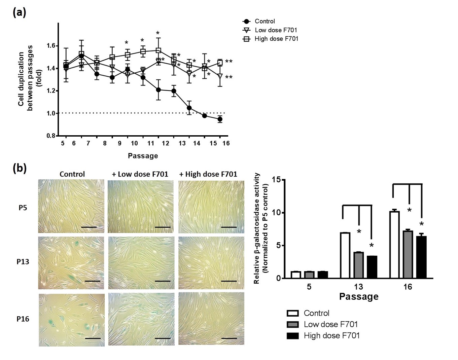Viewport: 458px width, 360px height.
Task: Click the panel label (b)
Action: [x=19, y=168]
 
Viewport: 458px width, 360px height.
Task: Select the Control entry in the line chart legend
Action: [x=265, y=21]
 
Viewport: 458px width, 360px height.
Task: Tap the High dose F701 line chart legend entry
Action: [x=276, y=39]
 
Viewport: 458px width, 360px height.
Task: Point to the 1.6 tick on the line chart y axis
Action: [x=53, y=46]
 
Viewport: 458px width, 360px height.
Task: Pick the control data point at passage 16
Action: [x=220, y=119]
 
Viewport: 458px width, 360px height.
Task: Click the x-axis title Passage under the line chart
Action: [x=143, y=156]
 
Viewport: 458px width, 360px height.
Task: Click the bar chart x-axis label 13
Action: [x=358, y=287]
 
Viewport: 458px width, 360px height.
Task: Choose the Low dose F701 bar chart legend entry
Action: [x=330, y=324]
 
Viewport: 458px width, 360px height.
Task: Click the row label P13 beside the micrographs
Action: [x=23, y=261]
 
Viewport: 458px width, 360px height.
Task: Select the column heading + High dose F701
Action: [x=208, y=174]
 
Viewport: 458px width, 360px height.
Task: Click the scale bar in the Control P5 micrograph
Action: [x=89, y=227]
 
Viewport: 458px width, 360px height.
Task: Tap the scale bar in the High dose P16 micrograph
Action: [x=229, y=338]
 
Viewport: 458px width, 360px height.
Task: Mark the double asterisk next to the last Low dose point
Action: [x=229, y=78]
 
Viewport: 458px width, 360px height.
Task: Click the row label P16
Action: [x=23, y=319]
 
